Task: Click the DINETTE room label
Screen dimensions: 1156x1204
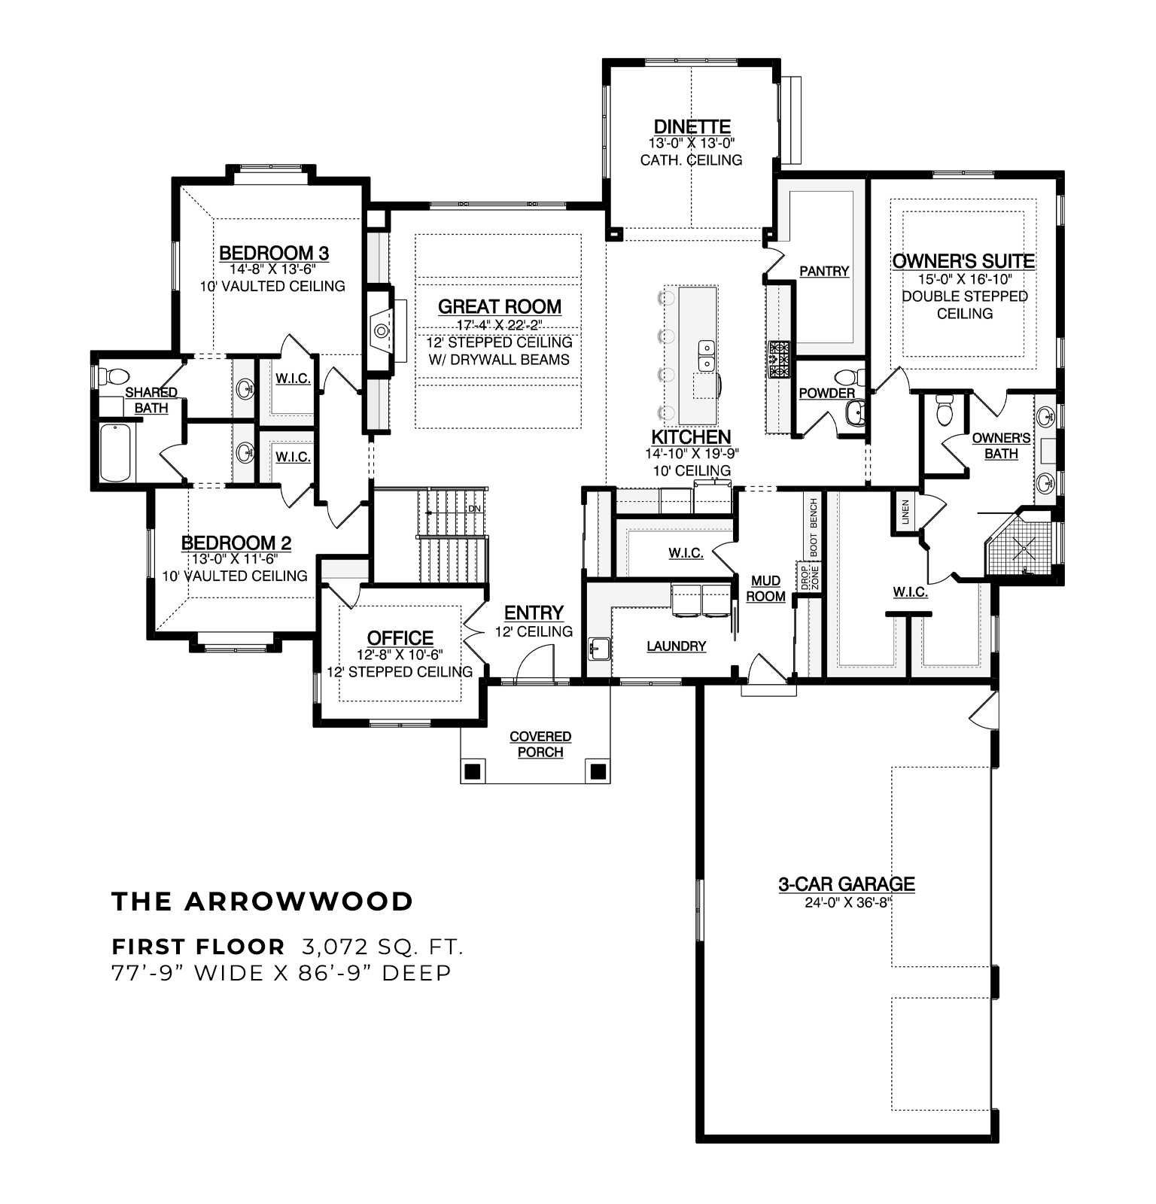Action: tap(692, 126)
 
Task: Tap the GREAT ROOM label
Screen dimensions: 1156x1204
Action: tap(500, 306)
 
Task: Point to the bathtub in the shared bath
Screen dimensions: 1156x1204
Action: tap(116, 452)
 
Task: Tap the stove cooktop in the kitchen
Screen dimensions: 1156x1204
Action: tap(779, 359)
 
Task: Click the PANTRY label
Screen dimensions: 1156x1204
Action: tap(824, 271)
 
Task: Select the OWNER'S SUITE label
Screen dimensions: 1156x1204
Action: tap(963, 261)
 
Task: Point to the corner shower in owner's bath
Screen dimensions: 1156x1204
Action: tap(1022, 544)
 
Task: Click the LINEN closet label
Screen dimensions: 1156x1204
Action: tap(905, 512)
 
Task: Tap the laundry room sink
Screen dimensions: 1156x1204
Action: tap(600, 648)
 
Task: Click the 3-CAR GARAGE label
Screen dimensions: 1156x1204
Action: tap(847, 884)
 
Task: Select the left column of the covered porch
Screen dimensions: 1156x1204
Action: tap(473, 771)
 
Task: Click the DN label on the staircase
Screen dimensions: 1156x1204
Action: tap(474, 509)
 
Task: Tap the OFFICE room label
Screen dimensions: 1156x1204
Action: tap(400, 638)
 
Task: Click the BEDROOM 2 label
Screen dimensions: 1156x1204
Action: tap(236, 543)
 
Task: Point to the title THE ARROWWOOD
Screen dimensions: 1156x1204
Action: tap(263, 901)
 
